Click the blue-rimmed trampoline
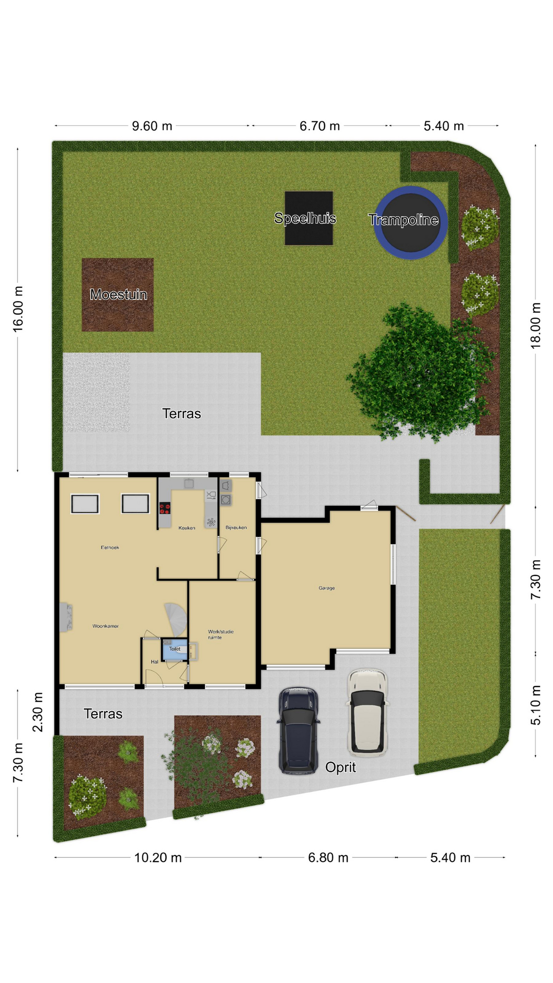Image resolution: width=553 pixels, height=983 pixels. [411, 223]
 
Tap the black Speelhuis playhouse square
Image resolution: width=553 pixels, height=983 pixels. [309, 218]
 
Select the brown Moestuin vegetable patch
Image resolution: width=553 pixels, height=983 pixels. [118, 294]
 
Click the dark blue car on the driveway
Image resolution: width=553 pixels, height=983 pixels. [299, 730]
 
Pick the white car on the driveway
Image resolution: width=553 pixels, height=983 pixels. [367, 712]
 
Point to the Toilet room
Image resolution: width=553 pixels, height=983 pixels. [175, 649]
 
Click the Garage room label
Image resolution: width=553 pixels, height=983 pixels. [327, 588]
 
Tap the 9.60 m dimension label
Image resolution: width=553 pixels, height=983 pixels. [152, 126]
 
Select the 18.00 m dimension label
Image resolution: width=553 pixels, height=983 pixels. [536, 326]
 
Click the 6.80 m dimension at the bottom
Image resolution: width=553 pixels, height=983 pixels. [328, 858]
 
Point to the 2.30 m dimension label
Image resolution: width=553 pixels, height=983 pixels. [37, 712]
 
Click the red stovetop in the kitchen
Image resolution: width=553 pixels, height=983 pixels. [164, 508]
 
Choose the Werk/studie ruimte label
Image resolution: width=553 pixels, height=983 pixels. [221, 634]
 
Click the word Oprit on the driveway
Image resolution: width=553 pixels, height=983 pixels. [341, 767]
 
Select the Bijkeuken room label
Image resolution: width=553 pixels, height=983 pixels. [236, 527]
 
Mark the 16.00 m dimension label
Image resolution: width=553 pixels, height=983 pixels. [18, 309]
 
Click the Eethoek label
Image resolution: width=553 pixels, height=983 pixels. [110, 547]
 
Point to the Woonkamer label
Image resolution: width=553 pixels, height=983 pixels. [105, 626]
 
